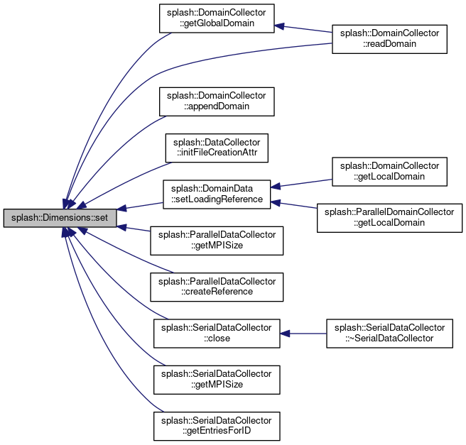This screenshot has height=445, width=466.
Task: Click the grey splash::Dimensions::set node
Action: [x=60, y=218]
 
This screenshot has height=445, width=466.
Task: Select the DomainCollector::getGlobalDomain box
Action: [x=217, y=18]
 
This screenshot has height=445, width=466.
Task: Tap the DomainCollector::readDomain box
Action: [x=389, y=39]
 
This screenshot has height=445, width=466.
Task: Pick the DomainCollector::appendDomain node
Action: [x=217, y=101]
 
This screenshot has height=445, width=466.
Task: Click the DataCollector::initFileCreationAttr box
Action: [x=217, y=148]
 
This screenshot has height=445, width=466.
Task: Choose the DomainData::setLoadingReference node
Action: [x=217, y=194]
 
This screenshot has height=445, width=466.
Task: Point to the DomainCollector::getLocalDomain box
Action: [x=389, y=172]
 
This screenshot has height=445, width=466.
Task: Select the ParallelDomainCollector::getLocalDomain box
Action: [x=389, y=218]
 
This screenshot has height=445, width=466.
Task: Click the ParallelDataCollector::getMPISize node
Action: [x=217, y=241]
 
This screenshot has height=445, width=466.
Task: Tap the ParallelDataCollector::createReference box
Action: [x=217, y=287]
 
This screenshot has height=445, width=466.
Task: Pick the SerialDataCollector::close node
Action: [x=217, y=334]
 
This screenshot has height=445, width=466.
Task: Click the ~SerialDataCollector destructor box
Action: [x=389, y=334]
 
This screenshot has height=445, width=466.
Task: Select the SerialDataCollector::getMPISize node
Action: [x=217, y=380]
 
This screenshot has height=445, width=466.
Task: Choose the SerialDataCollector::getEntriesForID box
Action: [x=217, y=426]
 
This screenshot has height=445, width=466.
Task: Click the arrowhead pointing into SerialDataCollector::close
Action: [x=285, y=334]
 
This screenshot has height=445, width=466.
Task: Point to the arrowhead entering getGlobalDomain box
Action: [x=279, y=26]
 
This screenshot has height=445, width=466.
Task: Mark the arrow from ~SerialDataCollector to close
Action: [x=303, y=334]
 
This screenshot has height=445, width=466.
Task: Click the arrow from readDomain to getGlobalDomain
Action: [x=303, y=29]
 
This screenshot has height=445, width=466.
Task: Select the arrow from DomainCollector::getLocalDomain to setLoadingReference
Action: [x=301, y=183]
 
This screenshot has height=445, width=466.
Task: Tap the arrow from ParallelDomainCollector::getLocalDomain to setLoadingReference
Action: [x=293, y=205]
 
